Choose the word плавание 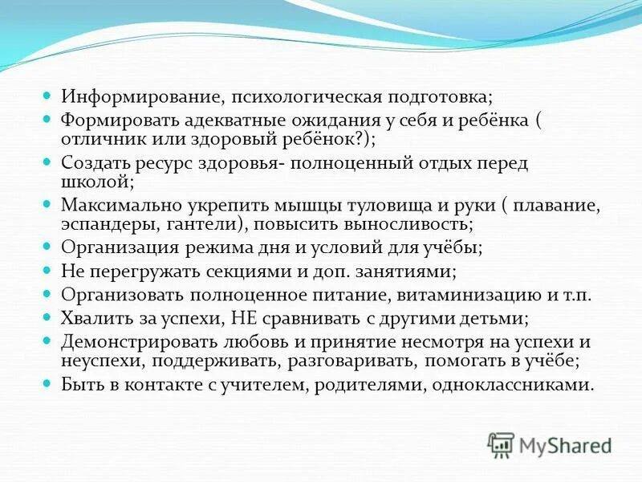click(x=560, y=204)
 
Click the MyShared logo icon click(x=501, y=443)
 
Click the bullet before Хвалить click(x=47, y=317)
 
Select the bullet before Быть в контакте click(x=47, y=384)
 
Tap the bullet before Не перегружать click(x=47, y=271)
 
